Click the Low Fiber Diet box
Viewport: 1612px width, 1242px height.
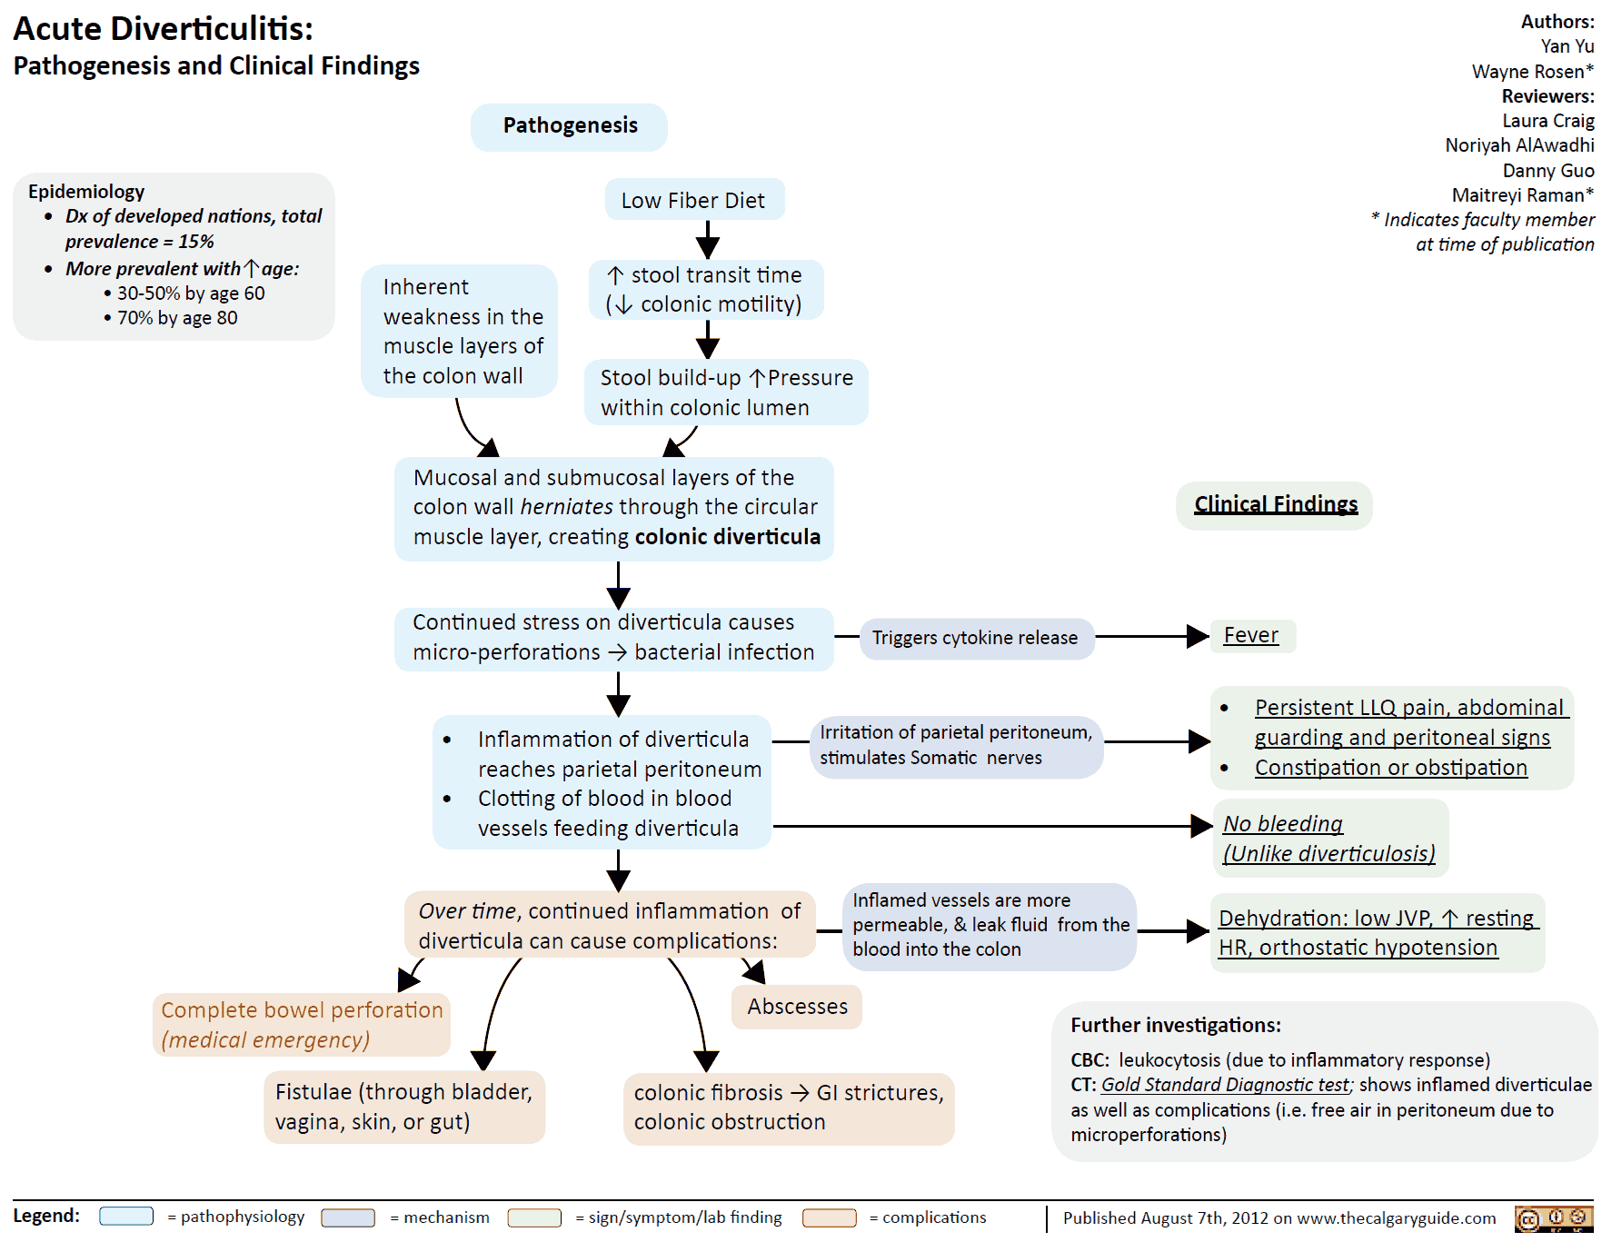693,200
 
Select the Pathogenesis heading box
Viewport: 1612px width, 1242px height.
570,126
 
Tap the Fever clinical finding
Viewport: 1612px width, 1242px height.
1251,635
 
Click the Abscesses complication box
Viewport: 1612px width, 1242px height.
797,1007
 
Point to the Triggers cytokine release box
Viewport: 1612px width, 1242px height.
975,638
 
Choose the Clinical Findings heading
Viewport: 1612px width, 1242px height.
1275,505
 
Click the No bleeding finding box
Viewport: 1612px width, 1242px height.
1328,838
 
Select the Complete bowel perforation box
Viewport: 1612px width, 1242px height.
302,1025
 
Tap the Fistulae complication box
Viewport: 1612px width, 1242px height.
404,1107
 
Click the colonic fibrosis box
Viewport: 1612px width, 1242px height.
788,1108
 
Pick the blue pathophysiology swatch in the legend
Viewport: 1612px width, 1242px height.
126,1217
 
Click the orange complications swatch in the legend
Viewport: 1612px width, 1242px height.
829,1217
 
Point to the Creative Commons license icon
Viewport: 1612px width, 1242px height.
1554,1218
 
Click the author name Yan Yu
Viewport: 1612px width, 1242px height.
1567,46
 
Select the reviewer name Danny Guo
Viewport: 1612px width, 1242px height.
1548,171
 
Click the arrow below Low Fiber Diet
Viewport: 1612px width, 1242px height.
708,242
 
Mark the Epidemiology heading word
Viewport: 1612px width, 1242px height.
86,192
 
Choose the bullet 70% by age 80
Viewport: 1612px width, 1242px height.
177,318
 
